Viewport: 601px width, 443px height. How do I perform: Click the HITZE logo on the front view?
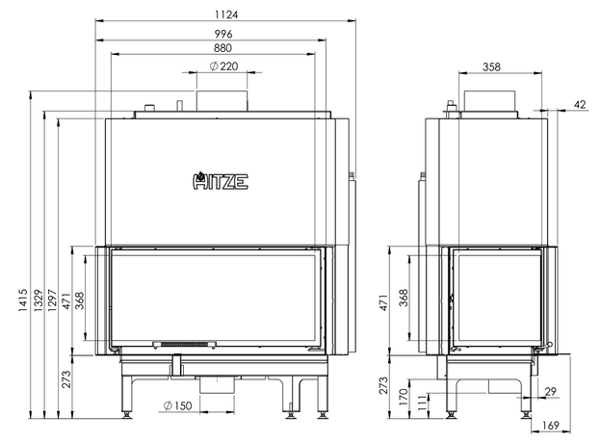(x=220, y=180)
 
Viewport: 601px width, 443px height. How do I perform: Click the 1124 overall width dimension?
(x=226, y=14)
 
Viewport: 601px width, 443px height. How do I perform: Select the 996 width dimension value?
(x=223, y=34)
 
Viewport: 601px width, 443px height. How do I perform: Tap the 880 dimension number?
(x=222, y=48)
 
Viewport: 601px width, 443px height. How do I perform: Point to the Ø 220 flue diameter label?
(x=223, y=65)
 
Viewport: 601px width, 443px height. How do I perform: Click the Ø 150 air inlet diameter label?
(x=177, y=405)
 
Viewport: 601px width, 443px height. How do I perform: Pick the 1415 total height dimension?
(x=23, y=300)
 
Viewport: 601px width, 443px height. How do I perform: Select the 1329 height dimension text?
(x=38, y=300)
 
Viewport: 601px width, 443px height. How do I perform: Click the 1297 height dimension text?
(x=52, y=300)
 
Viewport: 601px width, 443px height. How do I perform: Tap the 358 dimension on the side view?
(x=491, y=66)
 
